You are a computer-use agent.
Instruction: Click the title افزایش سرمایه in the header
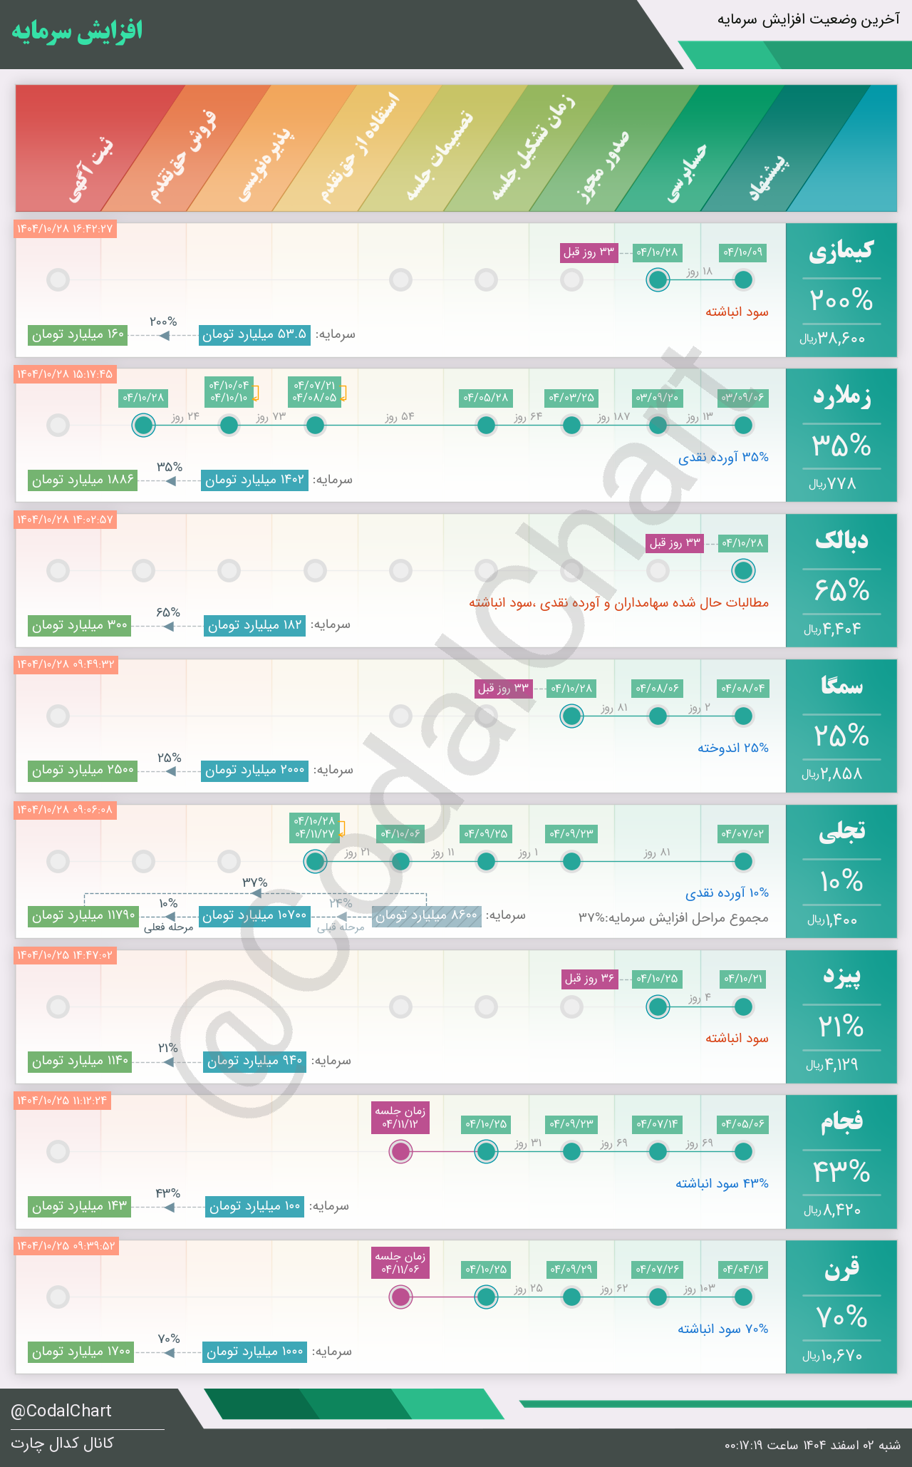point(77,31)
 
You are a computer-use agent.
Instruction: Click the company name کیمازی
point(841,252)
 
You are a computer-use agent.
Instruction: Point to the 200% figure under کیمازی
point(841,300)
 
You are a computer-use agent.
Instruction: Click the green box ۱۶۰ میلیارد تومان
point(78,334)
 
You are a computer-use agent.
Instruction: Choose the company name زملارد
point(841,397)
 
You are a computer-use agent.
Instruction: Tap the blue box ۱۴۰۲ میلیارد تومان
point(254,480)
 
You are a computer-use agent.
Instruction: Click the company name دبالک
point(841,541)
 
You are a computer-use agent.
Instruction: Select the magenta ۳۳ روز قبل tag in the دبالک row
point(674,543)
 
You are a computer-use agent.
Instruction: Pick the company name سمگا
point(841,686)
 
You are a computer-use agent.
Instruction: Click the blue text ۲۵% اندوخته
point(732,748)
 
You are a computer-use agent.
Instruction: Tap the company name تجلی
point(841,832)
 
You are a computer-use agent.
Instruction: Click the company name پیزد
point(841,977)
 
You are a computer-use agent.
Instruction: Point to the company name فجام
point(841,1123)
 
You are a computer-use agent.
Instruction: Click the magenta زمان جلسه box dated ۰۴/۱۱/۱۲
point(400,1117)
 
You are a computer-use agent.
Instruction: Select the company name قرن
point(841,1268)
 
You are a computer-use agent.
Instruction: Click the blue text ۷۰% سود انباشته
point(722,1329)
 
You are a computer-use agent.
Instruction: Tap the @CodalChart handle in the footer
point(61,1411)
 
